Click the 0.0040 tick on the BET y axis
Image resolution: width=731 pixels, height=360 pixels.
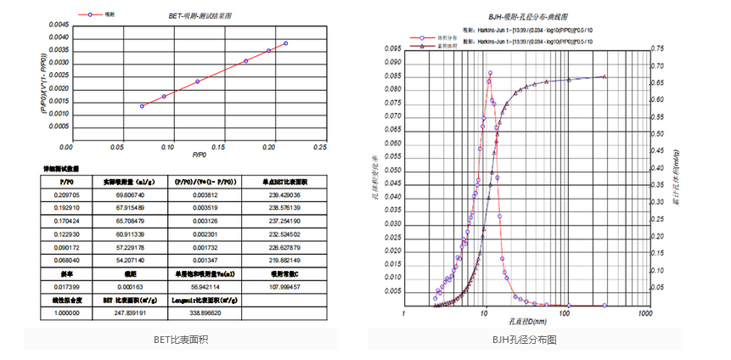[58, 37]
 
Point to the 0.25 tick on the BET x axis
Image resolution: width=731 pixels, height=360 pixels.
[320, 147]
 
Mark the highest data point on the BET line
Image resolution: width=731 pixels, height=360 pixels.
[286, 43]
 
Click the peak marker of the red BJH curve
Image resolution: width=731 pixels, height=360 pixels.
[490, 73]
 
